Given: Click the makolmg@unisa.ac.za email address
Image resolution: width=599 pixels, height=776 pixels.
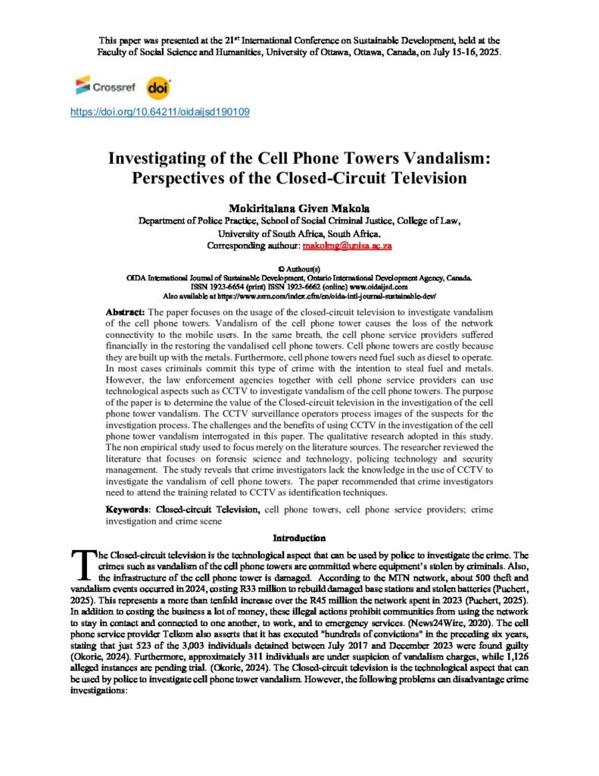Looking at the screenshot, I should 347,246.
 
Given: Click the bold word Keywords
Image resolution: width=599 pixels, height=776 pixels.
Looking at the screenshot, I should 129,508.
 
